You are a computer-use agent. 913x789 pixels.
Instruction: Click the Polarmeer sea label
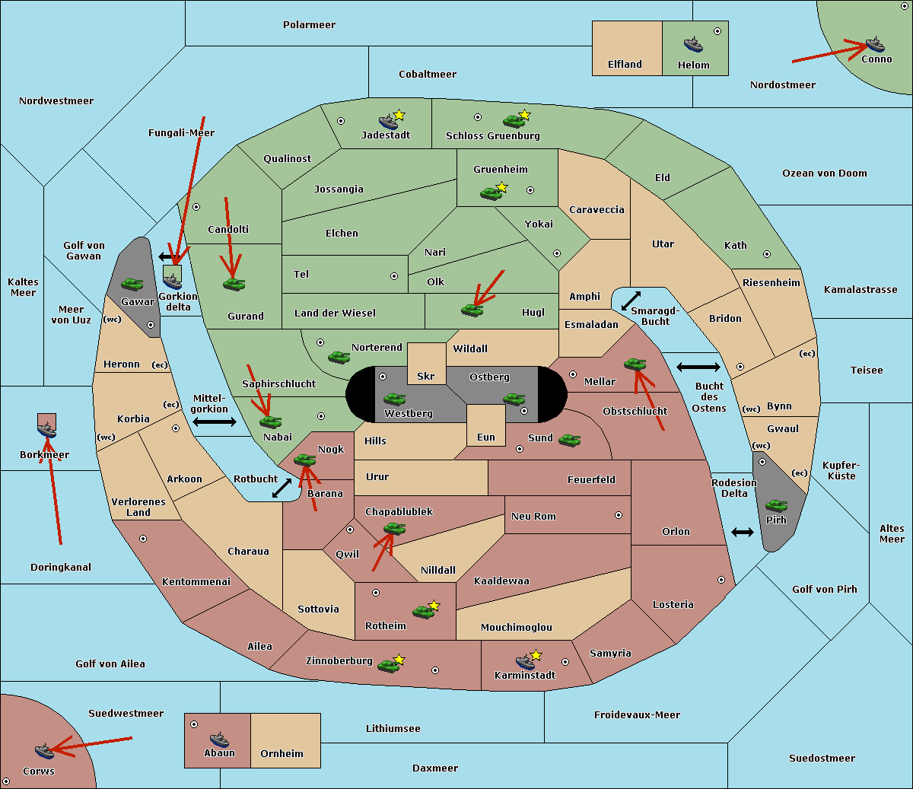tap(309, 25)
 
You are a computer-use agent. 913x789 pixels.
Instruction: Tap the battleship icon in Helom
tap(693, 44)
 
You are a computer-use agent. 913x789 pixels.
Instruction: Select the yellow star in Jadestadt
tap(399, 115)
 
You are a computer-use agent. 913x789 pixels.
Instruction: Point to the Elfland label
tap(625, 65)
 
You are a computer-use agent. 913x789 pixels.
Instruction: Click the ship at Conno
tap(875, 45)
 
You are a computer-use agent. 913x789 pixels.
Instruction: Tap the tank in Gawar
tap(132, 284)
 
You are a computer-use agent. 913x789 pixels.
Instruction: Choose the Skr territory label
tap(425, 376)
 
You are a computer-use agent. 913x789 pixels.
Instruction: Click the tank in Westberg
tap(394, 399)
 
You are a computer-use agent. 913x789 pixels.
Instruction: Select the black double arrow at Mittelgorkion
tap(215, 422)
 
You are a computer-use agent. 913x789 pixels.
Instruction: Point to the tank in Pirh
tap(776, 505)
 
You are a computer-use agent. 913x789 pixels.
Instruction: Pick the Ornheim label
tap(282, 753)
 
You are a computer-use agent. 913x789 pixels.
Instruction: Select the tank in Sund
tap(569, 440)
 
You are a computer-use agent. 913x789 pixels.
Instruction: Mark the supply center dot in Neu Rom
tap(619, 515)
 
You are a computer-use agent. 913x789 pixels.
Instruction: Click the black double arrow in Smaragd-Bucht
tap(631, 301)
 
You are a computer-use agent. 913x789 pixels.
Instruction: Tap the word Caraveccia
tap(596, 209)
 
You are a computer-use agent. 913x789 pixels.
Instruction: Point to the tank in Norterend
tap(339, 357)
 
